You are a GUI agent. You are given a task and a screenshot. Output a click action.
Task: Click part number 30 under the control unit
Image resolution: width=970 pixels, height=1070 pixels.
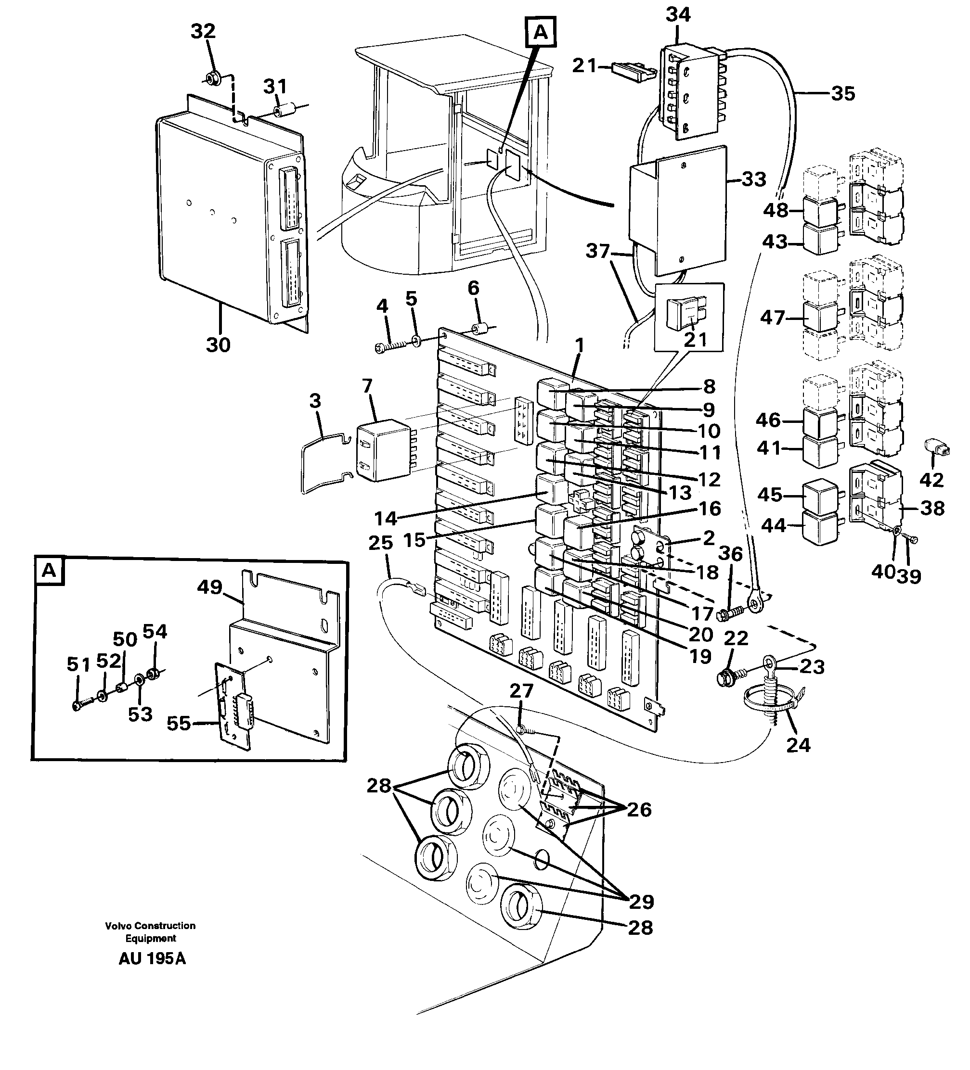218,345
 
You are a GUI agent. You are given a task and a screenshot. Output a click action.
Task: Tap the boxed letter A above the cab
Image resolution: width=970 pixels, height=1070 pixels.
540,32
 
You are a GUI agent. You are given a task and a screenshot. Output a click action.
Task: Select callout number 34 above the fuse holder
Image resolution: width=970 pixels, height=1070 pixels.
678,15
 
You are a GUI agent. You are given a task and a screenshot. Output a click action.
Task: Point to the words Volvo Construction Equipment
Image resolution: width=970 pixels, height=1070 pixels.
150,932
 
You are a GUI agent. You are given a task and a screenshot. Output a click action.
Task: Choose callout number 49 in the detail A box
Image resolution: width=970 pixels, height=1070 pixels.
209,587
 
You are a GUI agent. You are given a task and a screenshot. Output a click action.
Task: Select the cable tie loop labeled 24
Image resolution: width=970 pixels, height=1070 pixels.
773,697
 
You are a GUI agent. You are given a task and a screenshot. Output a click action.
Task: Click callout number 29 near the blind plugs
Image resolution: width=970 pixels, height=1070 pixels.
641,901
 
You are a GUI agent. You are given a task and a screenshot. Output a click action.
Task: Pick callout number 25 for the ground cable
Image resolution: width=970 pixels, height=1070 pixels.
381,543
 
